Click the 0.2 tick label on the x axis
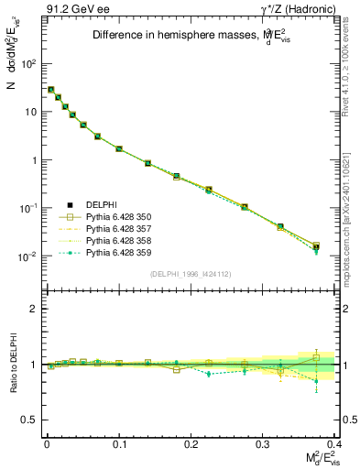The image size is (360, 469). click(x=191, y=442)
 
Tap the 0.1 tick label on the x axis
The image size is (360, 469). click(x=119, y=442)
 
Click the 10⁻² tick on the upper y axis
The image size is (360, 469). click(x=29, y=256)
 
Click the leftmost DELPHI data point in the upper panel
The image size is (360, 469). click(x=50, y=90)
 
